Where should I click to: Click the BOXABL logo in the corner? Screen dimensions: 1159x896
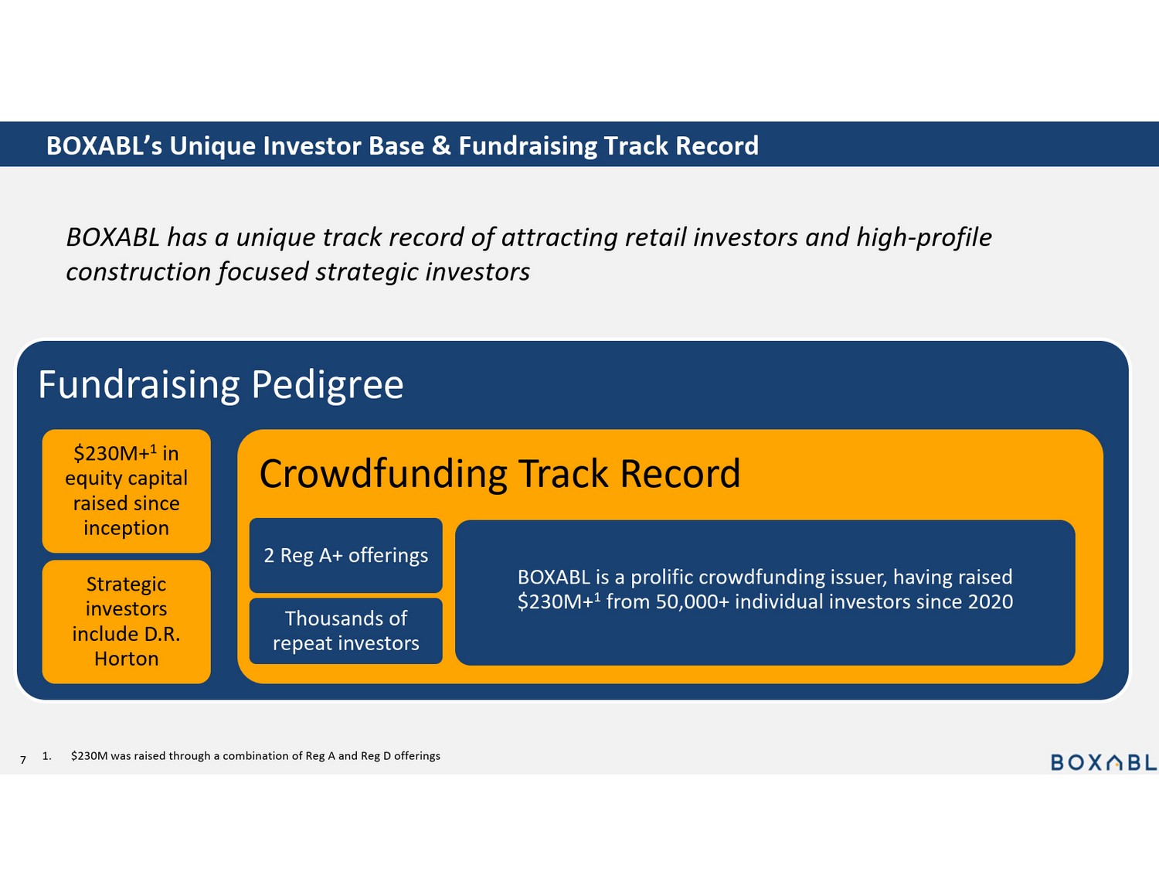point(1104,762)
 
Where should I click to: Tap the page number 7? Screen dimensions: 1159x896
point(23,760)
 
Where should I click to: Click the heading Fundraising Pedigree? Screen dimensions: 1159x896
point(221,386)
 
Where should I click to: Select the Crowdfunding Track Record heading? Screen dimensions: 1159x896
point(500,474)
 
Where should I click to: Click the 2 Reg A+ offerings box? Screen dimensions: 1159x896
point(345,555)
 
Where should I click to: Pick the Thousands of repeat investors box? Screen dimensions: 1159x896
point(345,631)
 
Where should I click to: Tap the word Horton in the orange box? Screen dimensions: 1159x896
point(127,659)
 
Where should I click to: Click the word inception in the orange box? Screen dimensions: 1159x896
point(127,528)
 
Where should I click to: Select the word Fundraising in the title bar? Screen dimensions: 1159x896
point(528,145)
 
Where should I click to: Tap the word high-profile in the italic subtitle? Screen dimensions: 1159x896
point(924,238)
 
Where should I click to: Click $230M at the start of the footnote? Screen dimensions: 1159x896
point(89,755)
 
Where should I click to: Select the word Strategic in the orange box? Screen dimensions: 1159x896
point(127,584)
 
